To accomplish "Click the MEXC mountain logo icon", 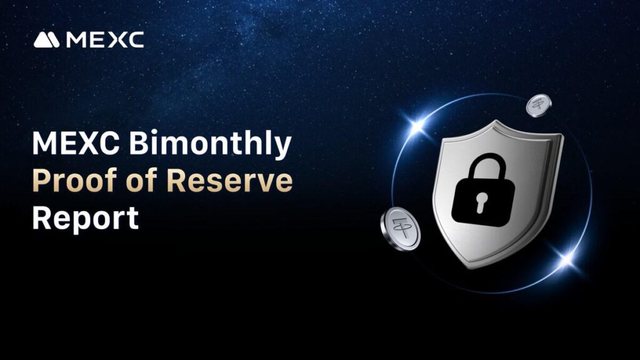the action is (x=46, y=40).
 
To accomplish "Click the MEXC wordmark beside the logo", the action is (x=105, y=40).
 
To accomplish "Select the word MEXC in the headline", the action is (x=76, y=143).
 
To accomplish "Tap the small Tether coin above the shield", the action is (x=538, y=105).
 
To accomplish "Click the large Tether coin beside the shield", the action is (x=400, y=229).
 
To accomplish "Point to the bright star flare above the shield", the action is (x=417, y=125).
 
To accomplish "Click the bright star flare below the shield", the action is (x=566, y=258).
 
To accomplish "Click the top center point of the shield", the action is (x=496, y=121).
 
